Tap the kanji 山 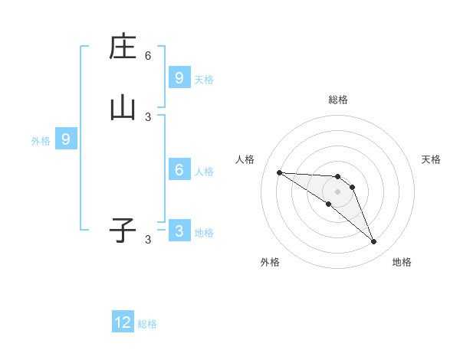(x=123, y=108)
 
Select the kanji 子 (x=123, y=231)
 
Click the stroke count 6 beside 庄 (x=148, y=55)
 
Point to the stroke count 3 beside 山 (x=148, y=116)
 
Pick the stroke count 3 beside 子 (x=148, y=240)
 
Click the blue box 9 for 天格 (x=179, y=77)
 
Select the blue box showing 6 (x=179, y=170)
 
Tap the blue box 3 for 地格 (x=179, y=231)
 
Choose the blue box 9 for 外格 (x=66, y=139)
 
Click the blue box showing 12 (x=123, y=322)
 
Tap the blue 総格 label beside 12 (x=147, y=324)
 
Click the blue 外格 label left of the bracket (x=41, y=141)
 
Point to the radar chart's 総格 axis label (x=337, y=100)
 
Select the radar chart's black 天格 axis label (x=431, y=159)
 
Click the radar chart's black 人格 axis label (x=245, y=159)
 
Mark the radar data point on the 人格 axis (x=279, y=172)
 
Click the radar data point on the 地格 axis (x=373, y=242)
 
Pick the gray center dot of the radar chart (x=337, y=191)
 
